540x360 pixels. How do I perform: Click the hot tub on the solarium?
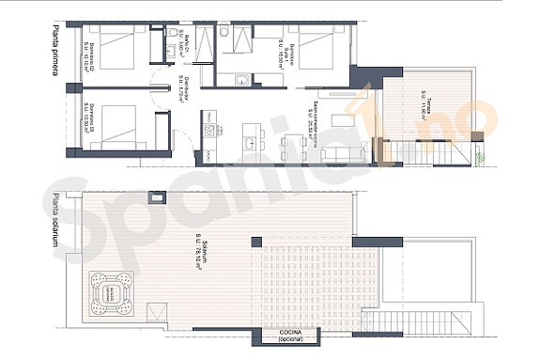(114, 293)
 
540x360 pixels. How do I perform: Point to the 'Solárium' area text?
(198, 251)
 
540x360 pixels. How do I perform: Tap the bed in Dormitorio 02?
(117, 47)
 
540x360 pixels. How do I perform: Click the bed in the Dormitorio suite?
(314, 46)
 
